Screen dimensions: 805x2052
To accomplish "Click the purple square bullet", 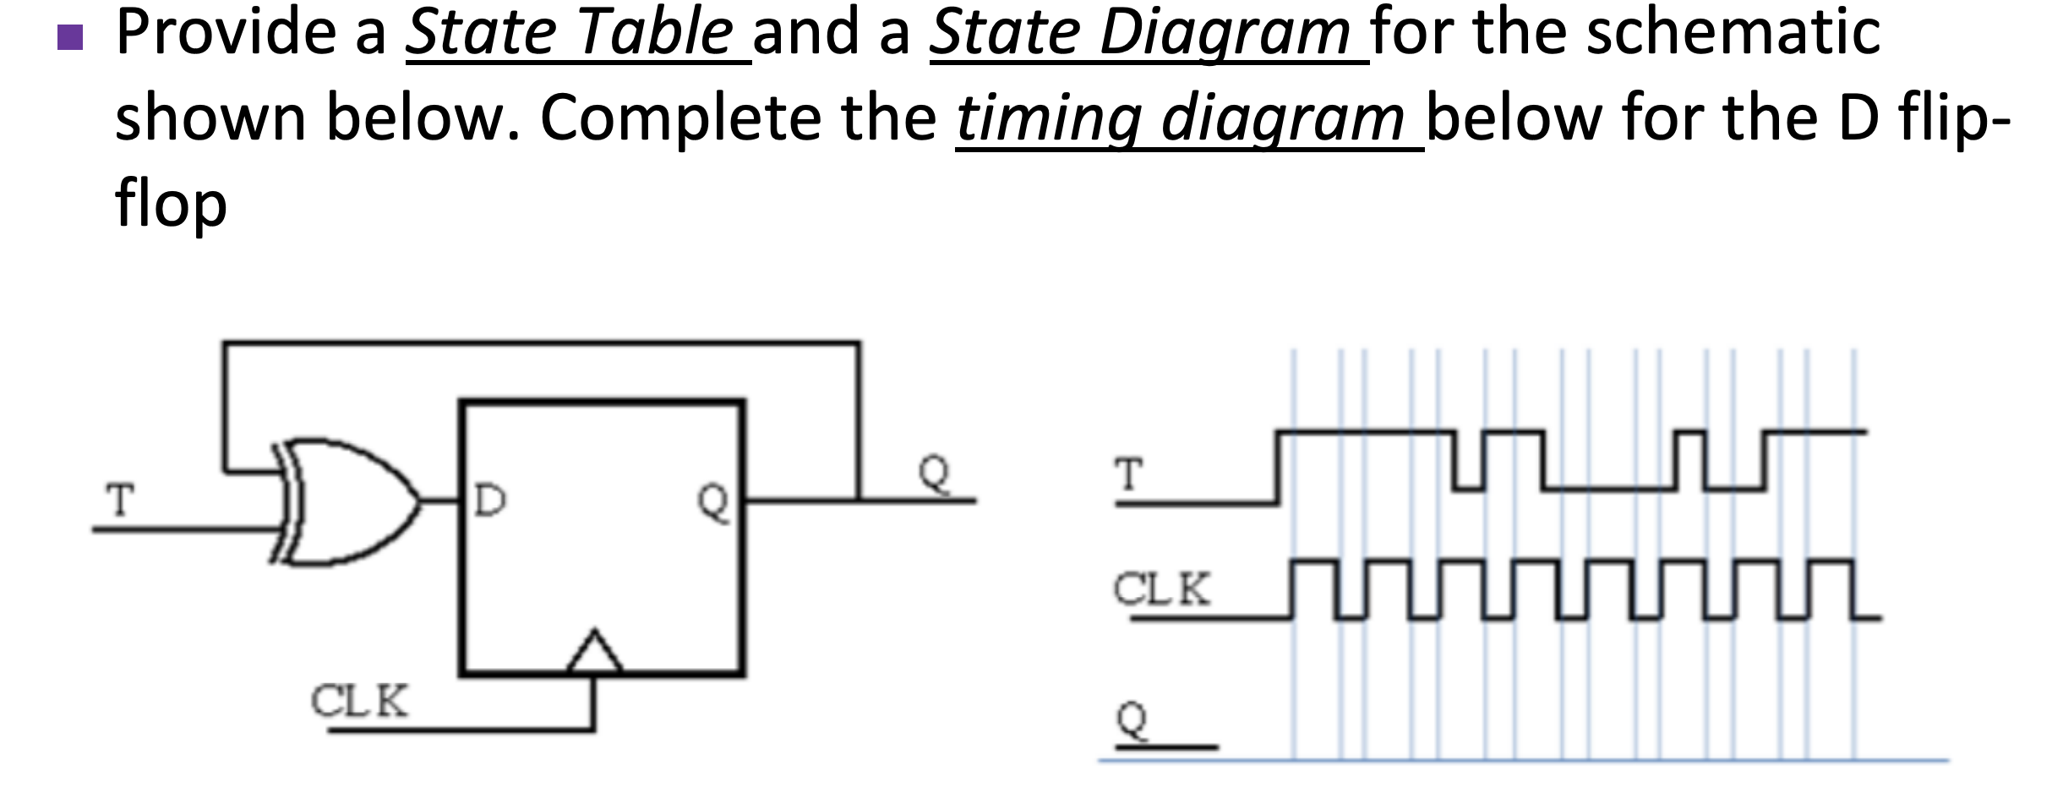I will tap(71, 37).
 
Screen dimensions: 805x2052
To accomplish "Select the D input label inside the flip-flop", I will tap(490, 501).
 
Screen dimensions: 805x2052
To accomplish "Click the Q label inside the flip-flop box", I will tap(712, 502).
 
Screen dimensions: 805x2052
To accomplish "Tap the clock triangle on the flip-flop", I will tap(595, 653).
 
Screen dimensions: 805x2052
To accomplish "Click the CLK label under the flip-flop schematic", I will tap(359, 701).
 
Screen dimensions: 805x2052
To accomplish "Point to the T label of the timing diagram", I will tap(1129, 475).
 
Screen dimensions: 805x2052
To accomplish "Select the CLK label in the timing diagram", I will tap(1161, 589).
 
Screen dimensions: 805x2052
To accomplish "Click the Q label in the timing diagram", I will tap(1132, 721).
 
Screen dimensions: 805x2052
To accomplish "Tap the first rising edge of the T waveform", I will tap(1277, 468).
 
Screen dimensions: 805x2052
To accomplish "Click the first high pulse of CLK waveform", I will tap(1315, 561).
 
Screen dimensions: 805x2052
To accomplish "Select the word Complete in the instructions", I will tap(679, 118).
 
